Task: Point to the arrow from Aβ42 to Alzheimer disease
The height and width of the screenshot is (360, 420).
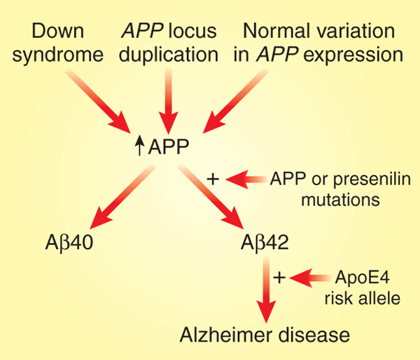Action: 265,287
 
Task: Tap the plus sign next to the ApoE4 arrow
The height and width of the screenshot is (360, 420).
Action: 279,277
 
